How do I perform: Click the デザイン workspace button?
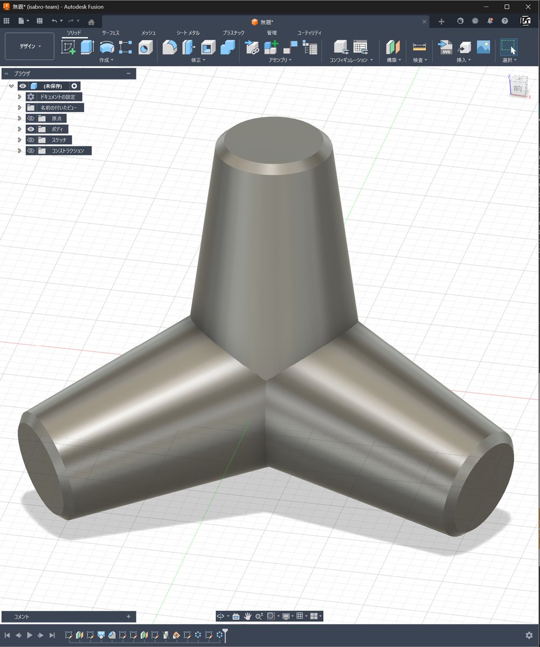pyautogui.click(x=30, y=46)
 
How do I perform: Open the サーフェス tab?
pyautogui.click(x=110, y=33)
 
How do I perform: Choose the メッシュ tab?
pyautogui.click(x=148, y=33)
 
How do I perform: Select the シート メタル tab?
pyautogui.click(x=188, y=33)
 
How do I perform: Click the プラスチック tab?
pyautogui.click(x=234, y=33)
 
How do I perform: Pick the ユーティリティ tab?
pyautogui.click(x=309, y=33)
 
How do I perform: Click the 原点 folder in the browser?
pyautogui.click(x=57, y=119)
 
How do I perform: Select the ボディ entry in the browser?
pyautogui.click(x=57, y=129)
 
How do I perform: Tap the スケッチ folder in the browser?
pyautogui.click(x=59, y=140)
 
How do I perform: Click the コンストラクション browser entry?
pyautogui.click(x=68, y=151)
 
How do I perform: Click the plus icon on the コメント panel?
pyautogui.click(x=128, y=616)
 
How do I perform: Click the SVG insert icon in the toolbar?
pyautogui.click(x=446, y=47)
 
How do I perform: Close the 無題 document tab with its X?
pyautogui.click(x=425, y=22)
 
